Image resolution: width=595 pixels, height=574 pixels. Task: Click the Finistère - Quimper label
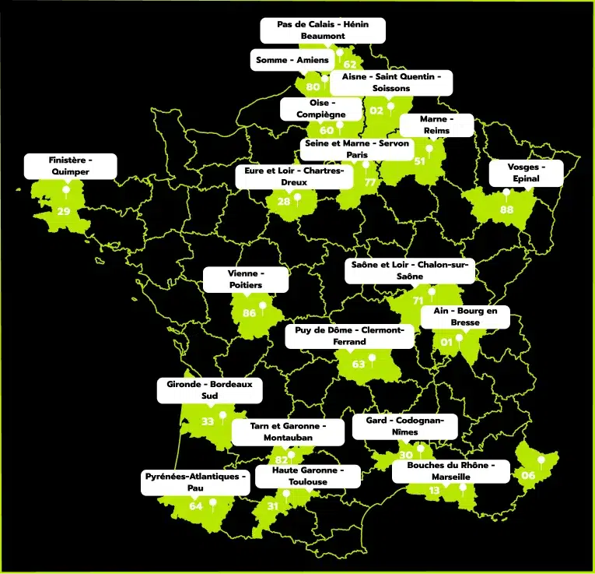click(x=70, y=165)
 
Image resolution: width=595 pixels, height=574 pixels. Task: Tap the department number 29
click(x=64, y=211)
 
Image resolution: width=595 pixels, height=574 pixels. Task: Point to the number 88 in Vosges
click(x=507, y=209)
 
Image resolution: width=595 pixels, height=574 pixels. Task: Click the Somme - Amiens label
click(x=292, y=60)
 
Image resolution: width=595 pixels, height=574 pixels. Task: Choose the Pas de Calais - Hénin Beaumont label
click(x=323, y=30)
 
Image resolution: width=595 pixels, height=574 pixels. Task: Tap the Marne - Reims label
click(x=436, y=125)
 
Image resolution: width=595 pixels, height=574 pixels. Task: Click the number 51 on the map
click(x=420, y=161)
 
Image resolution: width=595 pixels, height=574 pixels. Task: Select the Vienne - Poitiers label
click(x=246, y=280)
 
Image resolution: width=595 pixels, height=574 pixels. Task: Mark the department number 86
click(x=249, y=314)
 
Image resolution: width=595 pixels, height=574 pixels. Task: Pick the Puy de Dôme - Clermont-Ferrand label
click(x=349, y=336)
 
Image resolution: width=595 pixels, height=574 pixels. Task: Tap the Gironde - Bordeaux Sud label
click(x=209, y=390)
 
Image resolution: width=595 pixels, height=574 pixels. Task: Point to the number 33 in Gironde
click(x=208, y=421)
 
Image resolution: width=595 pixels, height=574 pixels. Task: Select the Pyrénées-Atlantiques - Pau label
click(x=195, y=481)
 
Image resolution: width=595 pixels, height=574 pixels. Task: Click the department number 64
click(x=196, y=506)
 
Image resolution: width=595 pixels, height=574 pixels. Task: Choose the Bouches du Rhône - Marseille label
click(x=451, y=470)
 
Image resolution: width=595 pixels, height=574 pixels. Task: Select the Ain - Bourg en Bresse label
click(x=465, y=316)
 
